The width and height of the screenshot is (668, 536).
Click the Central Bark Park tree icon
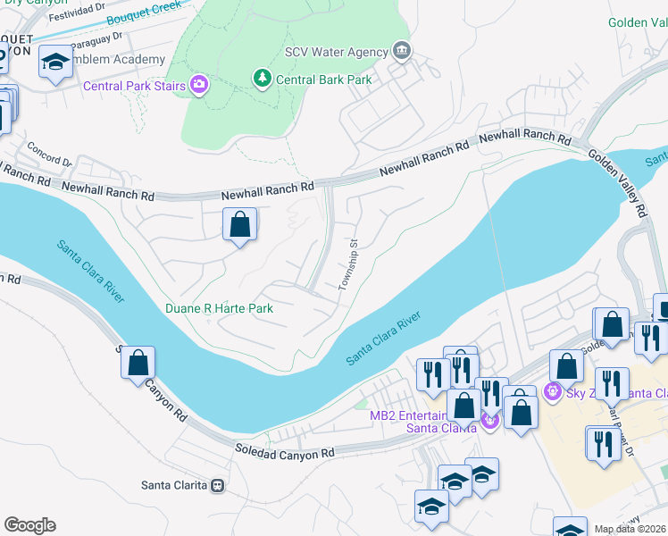click(262, 80)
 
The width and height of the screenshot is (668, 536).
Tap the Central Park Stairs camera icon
click(198, 86)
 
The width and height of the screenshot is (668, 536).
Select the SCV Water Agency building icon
click(402, 52)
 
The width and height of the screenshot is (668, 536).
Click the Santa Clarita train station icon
click(216, 486)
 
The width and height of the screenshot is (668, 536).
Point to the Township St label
click(348, 264)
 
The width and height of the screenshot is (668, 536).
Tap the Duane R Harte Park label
click(219, 308)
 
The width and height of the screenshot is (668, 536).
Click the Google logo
click(29, 525)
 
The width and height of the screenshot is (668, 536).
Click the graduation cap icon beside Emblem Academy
click(55, 63)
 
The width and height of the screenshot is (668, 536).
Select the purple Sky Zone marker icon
click(553, 390)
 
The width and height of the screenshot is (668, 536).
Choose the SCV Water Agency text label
click(336, 53)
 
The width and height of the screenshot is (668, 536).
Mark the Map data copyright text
click(630, 528)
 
